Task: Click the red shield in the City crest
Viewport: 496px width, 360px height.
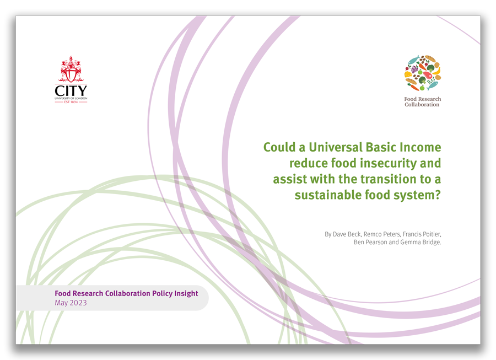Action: click(x=71, y=72)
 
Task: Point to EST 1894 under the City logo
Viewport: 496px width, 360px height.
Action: click(x=71, y=102)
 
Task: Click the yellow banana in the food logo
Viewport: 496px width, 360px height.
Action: click(x=436, y=71)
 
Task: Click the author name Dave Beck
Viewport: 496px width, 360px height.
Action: click(x=349, y=234)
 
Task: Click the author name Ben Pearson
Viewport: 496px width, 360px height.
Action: click(x=370, y=243)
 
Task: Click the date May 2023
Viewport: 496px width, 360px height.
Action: click(x=71, y=303)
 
